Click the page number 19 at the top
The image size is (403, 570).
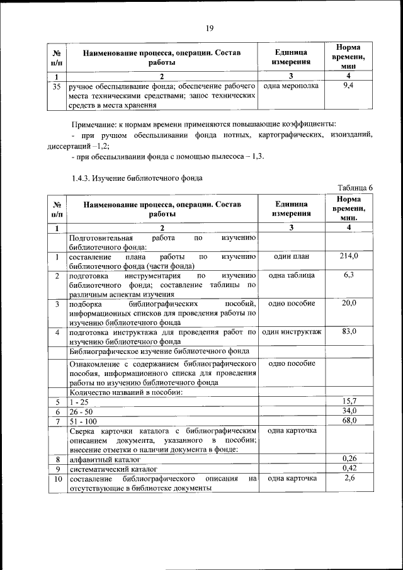tap(210, 27)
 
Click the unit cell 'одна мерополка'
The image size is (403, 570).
tap(290, 86)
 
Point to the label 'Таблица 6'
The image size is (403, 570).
tap(355, 188)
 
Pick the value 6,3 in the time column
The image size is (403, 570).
tap(348, 275)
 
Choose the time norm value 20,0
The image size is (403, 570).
tap(348, 303)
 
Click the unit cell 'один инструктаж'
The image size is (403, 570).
tap(291, 331)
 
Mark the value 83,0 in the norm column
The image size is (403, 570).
tap(348, 331)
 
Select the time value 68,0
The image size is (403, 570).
tap(348, 420)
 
